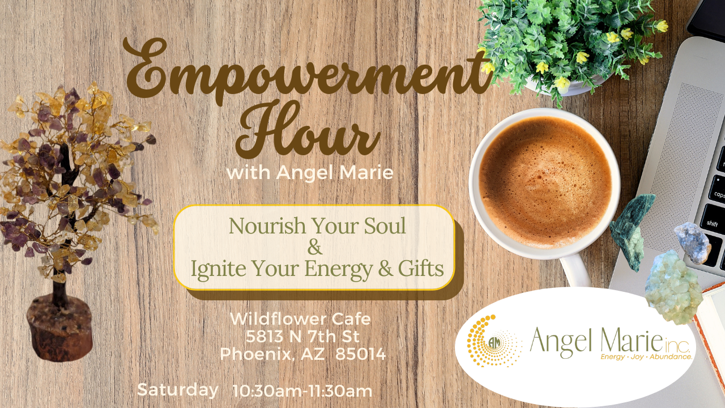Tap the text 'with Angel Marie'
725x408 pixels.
tap(310, 172)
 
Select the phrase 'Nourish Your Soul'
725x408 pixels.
tap(317, 226)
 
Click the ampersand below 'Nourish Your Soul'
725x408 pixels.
tap(315, 247)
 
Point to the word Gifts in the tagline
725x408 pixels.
tap(421, 269)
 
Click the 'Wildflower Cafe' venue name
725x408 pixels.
tap(300, 319)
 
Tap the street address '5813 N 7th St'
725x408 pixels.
tap(302, 337)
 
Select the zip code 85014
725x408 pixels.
tap(361, 354)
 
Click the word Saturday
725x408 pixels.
tap(178, 390)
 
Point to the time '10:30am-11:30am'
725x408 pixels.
tap(302, 391)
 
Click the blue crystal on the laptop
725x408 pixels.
tap(693, 243)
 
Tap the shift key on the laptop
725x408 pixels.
tap(712, 223)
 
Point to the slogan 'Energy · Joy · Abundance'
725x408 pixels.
tap(646, 357)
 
